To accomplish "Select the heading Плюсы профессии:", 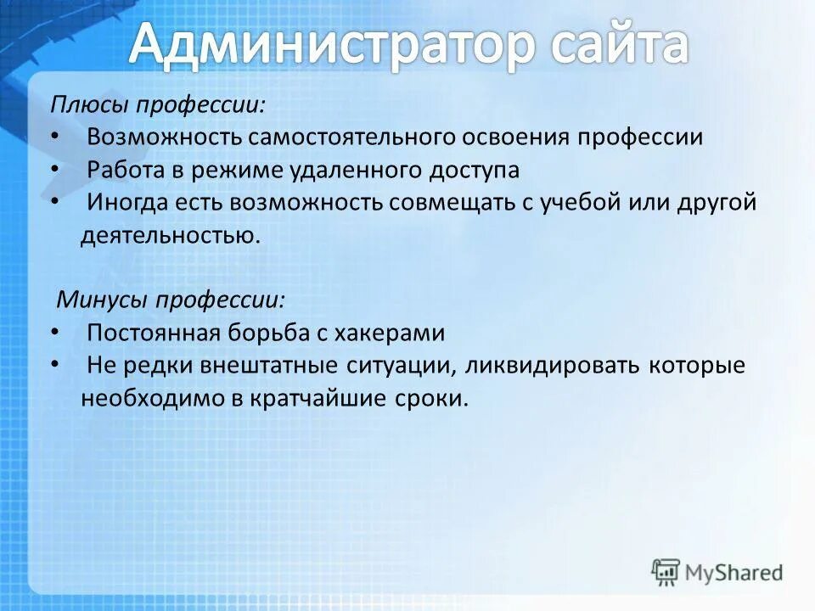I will [x=157, y=105].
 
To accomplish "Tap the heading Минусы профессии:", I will [x=171, y=300].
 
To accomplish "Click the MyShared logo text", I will [x=731, y=572].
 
